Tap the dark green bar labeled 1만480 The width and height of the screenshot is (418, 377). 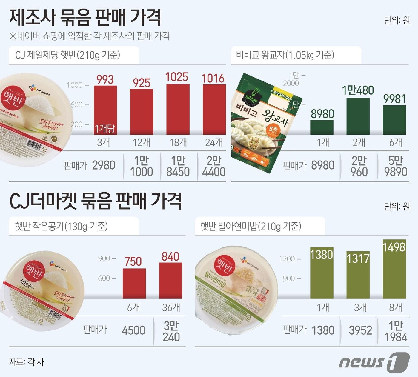[358, 116]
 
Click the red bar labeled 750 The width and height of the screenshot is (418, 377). [134, 283]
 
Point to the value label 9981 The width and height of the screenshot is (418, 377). [394, 99]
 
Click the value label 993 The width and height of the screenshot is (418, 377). [105, 80]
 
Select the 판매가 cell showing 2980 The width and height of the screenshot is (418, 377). [104, 165]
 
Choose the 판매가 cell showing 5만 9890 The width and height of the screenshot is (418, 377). [396, 166]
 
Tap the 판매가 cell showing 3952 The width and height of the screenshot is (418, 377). [360, 330]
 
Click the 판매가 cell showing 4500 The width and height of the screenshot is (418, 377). [133, 330]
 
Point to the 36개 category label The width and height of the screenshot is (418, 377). [171, 307]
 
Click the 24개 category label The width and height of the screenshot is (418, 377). [214, 142]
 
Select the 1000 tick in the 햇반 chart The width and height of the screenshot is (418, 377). [74, 85]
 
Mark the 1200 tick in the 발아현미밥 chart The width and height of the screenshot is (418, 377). [287, 259]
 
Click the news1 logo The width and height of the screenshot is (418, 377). [374, 362]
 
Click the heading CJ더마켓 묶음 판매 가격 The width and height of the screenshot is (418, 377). [96, 201]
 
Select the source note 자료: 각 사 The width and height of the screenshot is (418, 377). [27, 362]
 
